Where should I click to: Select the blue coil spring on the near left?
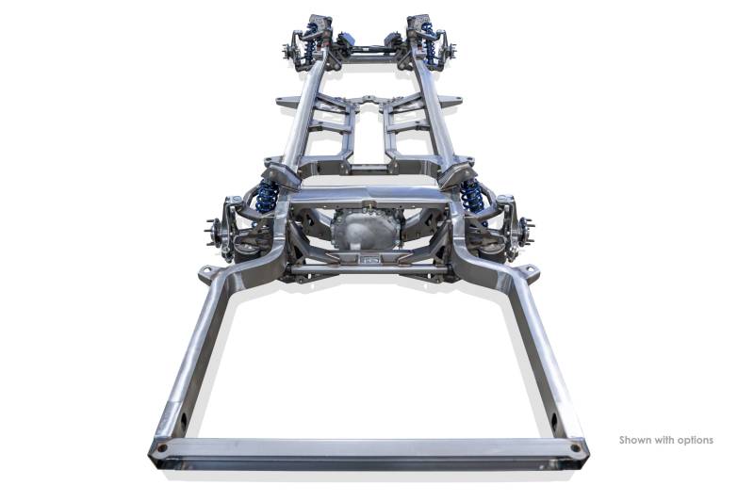click(266, 197)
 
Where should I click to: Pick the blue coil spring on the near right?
click(472, 196)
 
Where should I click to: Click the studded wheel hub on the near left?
click(214, 232)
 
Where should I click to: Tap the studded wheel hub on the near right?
click(526, 231)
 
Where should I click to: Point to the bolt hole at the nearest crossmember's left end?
click(162, 448)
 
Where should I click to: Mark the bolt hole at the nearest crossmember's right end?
click(575, 448)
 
